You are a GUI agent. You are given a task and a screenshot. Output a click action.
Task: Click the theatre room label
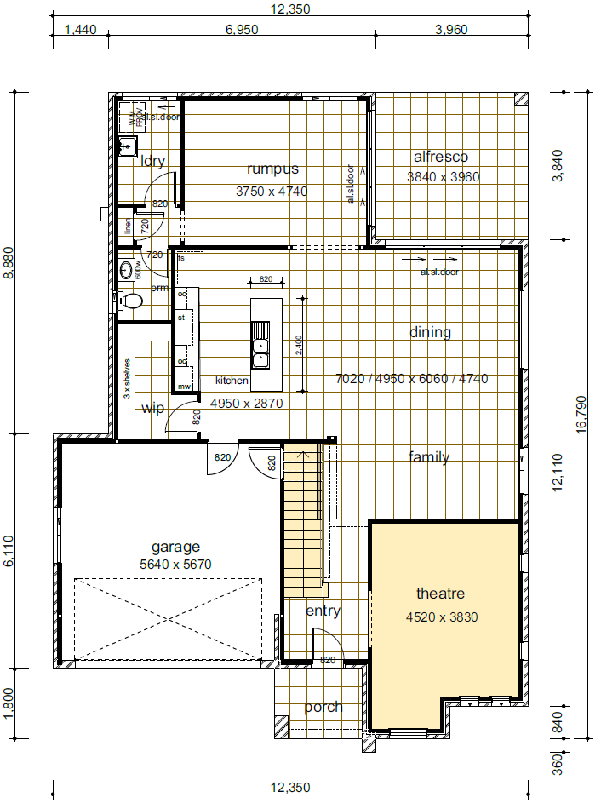pyautogui.click(x=440, y=593)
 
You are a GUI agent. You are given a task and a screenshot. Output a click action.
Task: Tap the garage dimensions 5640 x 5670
pyautogui.click(x=175, y=564)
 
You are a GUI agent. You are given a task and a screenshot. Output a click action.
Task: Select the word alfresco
pyautogui.click(x=440, y=157)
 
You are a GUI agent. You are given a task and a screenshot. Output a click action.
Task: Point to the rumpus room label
pyautogui.click(x=271, y=169)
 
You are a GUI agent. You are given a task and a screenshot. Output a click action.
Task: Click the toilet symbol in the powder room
pyautogui.click(x=131, y=300)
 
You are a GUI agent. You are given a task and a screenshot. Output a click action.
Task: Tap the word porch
pyautogui.click(x=323, y=707)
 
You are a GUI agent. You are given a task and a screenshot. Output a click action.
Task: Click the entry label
pyautogui.click(x=323, y=611)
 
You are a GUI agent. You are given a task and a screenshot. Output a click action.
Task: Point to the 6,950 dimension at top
pyautogui.click(x=242, y=30)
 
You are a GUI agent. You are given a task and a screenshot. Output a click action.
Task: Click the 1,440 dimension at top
pyautogui.click(x=81, y=30)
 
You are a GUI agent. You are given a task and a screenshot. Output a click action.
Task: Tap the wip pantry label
pyautogui.click(x=152, y=409)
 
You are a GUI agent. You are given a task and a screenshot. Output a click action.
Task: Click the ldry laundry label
pyautogui.click(x=152, y=162)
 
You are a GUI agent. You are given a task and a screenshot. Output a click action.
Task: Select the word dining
pyautogui.click(x=430, y=332)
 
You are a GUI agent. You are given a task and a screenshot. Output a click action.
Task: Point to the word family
pyautogui.click(x=428, y=457)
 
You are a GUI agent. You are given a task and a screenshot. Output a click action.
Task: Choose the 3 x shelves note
pyautogui.click(x=127, y=379)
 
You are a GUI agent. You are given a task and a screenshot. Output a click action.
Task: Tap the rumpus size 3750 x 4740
pyautogui.click(x=271, y=192)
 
